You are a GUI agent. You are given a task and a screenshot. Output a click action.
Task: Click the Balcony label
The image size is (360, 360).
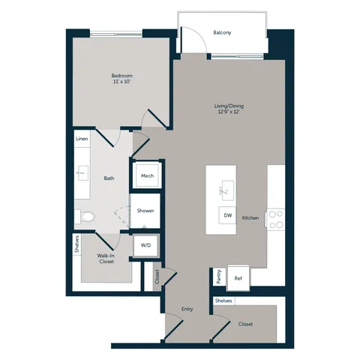coord(222,33)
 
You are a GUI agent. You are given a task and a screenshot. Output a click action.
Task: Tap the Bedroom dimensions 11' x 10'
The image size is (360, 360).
coord(121,82)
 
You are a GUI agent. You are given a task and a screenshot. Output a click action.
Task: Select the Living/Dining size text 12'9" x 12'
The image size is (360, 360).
coord(229,112)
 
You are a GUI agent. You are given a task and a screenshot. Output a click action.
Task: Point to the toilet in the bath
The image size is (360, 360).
coord(85,217)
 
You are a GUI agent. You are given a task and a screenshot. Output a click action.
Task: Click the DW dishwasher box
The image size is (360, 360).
coord(227,215)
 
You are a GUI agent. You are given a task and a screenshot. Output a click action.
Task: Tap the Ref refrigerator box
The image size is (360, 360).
coord(238,278)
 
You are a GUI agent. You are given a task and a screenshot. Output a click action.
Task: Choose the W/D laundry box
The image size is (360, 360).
coord(145,245)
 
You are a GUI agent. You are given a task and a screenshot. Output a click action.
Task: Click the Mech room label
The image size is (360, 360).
coord(147,176)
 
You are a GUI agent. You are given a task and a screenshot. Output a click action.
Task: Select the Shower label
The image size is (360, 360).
coord(145,211)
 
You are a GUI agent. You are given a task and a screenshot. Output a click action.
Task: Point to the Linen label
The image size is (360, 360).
coord(82,139)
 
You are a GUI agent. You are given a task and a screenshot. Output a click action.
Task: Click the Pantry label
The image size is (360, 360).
coord(219,277)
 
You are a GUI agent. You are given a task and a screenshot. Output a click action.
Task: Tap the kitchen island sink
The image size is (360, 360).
coord(228,190)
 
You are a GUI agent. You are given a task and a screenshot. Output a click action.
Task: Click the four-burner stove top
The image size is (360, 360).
coord(276,220)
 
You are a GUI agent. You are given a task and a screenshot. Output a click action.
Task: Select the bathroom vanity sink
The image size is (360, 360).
coord(82,172)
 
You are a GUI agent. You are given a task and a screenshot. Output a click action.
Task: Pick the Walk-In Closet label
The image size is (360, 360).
coord(106,259)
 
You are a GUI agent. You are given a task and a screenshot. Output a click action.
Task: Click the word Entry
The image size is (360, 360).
coord(187,310)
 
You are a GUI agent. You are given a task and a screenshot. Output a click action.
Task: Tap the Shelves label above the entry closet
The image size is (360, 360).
coord(223,301)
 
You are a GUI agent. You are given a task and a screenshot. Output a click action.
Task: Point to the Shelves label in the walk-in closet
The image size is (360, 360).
coord(77,244)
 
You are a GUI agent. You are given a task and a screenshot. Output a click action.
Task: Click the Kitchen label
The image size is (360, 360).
coord(250,218)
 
